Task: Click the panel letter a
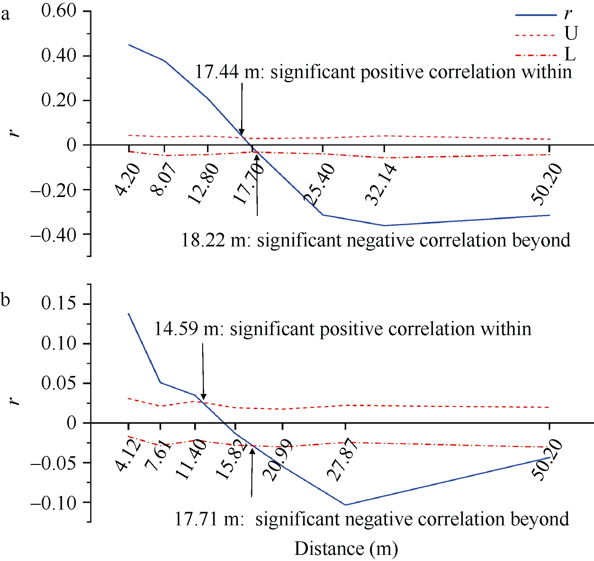pos(5,14)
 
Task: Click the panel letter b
pos(5,300)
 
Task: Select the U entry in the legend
pos(571,33)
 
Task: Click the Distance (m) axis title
pos(346,548)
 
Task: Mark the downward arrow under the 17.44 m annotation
pos(242,109)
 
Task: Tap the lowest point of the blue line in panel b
pos(346,505)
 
